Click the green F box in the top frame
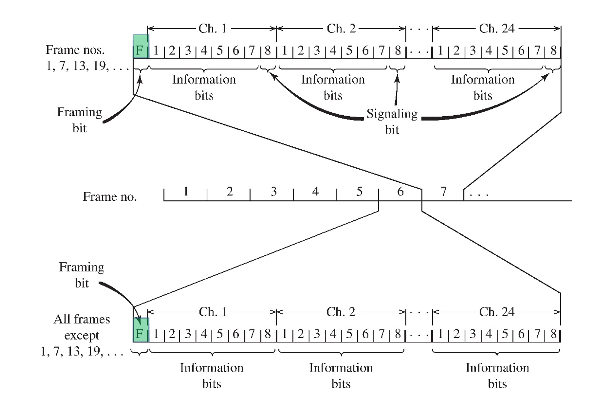140,47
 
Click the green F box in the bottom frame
140,330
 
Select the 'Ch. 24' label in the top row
497,29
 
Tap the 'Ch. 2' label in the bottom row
341,312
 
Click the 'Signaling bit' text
392,121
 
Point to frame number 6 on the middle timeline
400,192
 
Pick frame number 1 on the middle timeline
186,192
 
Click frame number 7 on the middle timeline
443,192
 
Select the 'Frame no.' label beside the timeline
110,197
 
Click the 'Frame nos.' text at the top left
75,50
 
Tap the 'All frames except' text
82,327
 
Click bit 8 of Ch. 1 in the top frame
268,51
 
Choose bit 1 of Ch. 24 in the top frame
440,51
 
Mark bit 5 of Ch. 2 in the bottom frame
349,334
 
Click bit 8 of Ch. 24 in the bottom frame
554,334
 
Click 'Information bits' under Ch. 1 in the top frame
204,87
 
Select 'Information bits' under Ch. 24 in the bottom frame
497,376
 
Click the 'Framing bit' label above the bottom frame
82,275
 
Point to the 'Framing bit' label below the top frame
80,120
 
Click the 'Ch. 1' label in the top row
212,29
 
